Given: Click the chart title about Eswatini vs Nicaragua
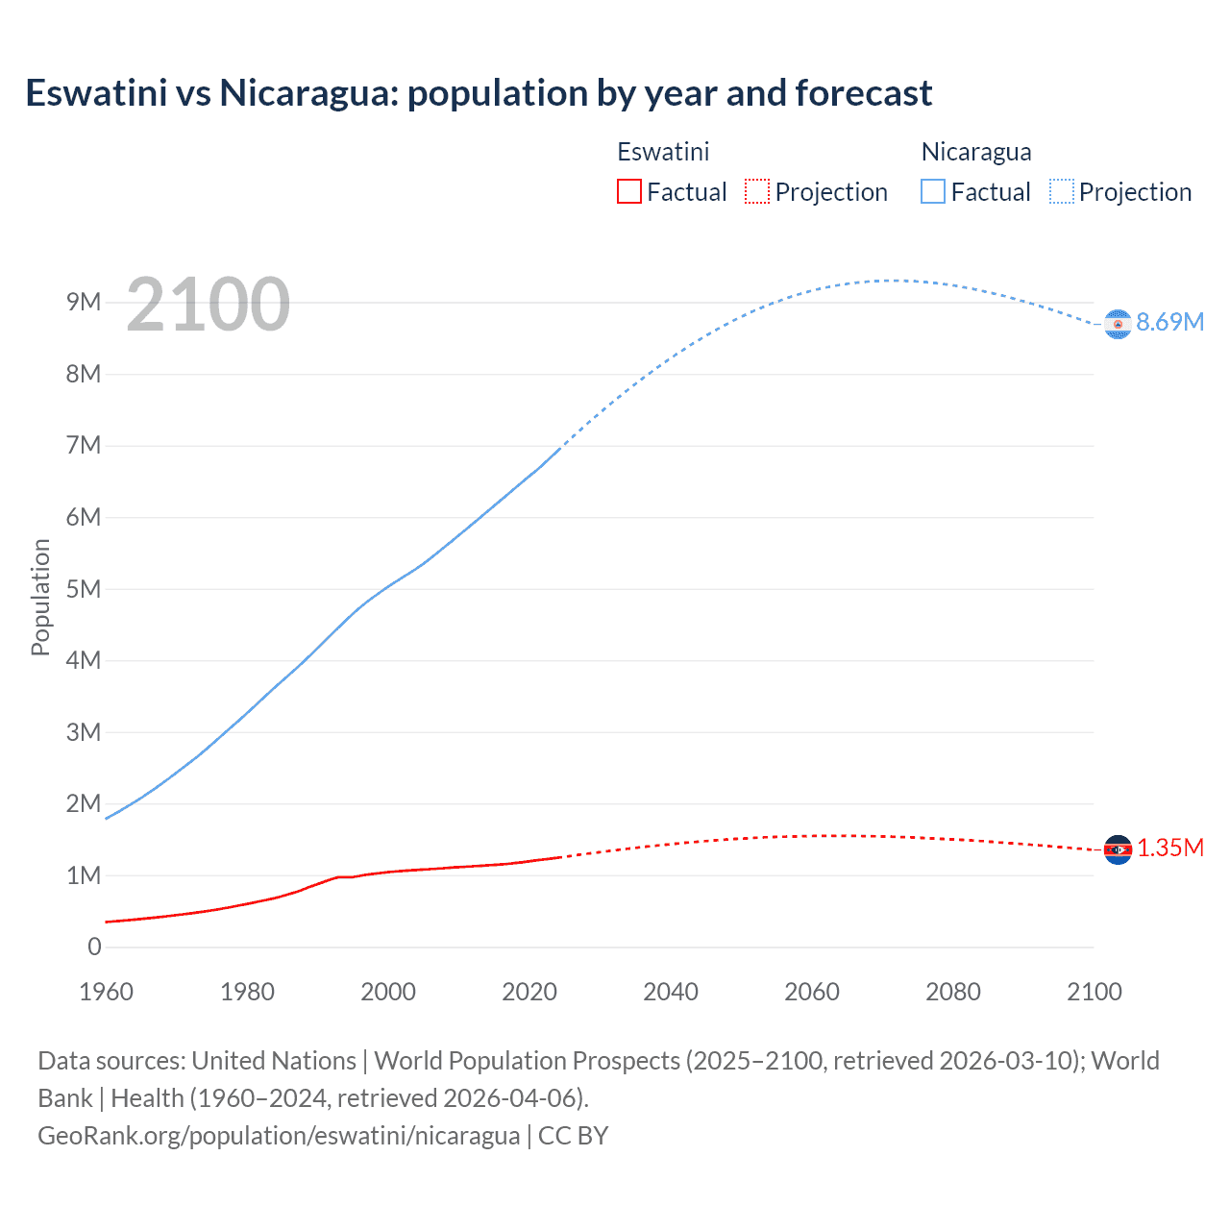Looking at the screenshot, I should tap(479, 93).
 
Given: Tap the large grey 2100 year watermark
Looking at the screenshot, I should tap(208, 305).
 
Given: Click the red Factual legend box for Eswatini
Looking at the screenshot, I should tap(628, 192).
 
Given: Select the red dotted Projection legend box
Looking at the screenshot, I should tap(757, 192).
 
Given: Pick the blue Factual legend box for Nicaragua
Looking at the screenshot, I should tap(932, 192).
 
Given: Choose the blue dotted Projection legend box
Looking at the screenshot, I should tap(1061, 192).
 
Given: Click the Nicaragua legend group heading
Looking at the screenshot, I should tap(975, 152).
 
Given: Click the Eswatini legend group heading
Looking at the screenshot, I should tap(663, 152).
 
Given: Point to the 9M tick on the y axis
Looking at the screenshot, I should tap(84, 303).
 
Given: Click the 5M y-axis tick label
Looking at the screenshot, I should tap(84, 589).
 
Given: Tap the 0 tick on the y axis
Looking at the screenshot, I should tap(94, 947).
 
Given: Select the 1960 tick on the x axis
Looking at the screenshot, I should tap(106, 992).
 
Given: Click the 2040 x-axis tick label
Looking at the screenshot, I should tap(671, 992).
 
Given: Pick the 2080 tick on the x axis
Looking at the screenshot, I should tap(953, 992).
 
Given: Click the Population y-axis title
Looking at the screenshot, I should tap(40, 597).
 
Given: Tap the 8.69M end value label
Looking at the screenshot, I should tap(1169, 323).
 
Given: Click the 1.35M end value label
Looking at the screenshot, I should tap(1169, 849).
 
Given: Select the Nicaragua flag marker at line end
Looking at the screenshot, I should tap(1118, 325).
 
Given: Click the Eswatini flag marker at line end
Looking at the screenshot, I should tap(1118, 849).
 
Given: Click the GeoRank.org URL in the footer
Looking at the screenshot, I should tap(279, 1136).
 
